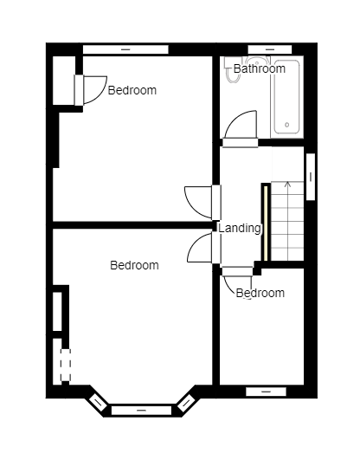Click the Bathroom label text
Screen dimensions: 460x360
click(259, 68)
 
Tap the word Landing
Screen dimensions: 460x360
click(239, 229)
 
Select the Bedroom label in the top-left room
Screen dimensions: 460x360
click(132, 90)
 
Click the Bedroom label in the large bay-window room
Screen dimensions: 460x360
click(134, 265)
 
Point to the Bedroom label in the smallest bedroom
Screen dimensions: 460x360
click(260, 293)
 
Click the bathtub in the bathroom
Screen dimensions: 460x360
click(286, 97)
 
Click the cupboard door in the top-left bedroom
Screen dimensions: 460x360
click(91, 90)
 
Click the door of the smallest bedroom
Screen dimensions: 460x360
click(236, 279)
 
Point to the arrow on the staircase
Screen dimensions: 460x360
click(287, 185)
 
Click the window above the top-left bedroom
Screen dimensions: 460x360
click(125, 49)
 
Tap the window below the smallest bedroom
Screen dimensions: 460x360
click(266, 392)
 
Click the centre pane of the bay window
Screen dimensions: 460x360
click(141, 410)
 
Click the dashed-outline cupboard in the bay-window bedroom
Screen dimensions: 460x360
click(63, 361)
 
